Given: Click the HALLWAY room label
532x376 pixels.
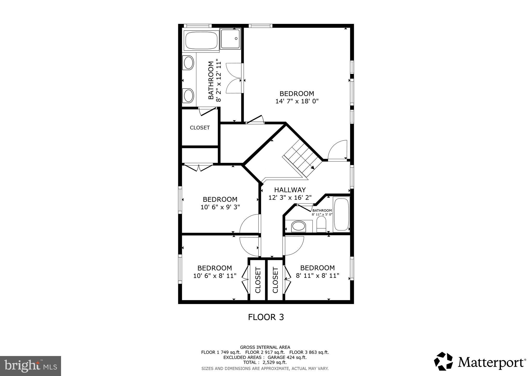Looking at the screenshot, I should pos(290,190).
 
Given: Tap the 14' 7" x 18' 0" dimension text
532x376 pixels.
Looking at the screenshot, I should pos(297,101).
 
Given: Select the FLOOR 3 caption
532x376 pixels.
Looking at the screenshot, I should pos(266,317).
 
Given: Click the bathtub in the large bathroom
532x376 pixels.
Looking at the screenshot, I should pos(201,41).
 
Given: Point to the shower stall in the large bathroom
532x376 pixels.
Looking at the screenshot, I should pos(230,39).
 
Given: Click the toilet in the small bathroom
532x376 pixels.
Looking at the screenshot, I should pos(321,224).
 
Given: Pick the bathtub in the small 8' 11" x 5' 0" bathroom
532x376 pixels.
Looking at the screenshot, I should pos(341,214).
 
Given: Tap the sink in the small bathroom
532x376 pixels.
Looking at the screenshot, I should pos(298,226).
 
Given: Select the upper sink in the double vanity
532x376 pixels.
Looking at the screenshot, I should pos(189,63).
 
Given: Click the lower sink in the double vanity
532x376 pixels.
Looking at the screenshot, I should pos(189,96).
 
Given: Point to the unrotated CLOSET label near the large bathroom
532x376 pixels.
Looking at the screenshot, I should pos(200,128).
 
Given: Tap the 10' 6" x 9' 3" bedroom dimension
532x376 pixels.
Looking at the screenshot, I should pos(220,207).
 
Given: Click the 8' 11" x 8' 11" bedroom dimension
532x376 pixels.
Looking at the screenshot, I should pos(317,276).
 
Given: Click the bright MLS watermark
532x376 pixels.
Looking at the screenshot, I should pos(30,366).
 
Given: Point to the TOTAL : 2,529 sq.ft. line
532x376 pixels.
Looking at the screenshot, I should pos(265,362).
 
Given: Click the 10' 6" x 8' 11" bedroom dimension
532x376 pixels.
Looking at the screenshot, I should pos(215,276).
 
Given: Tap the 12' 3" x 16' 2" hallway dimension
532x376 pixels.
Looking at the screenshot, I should pos(290,198).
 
